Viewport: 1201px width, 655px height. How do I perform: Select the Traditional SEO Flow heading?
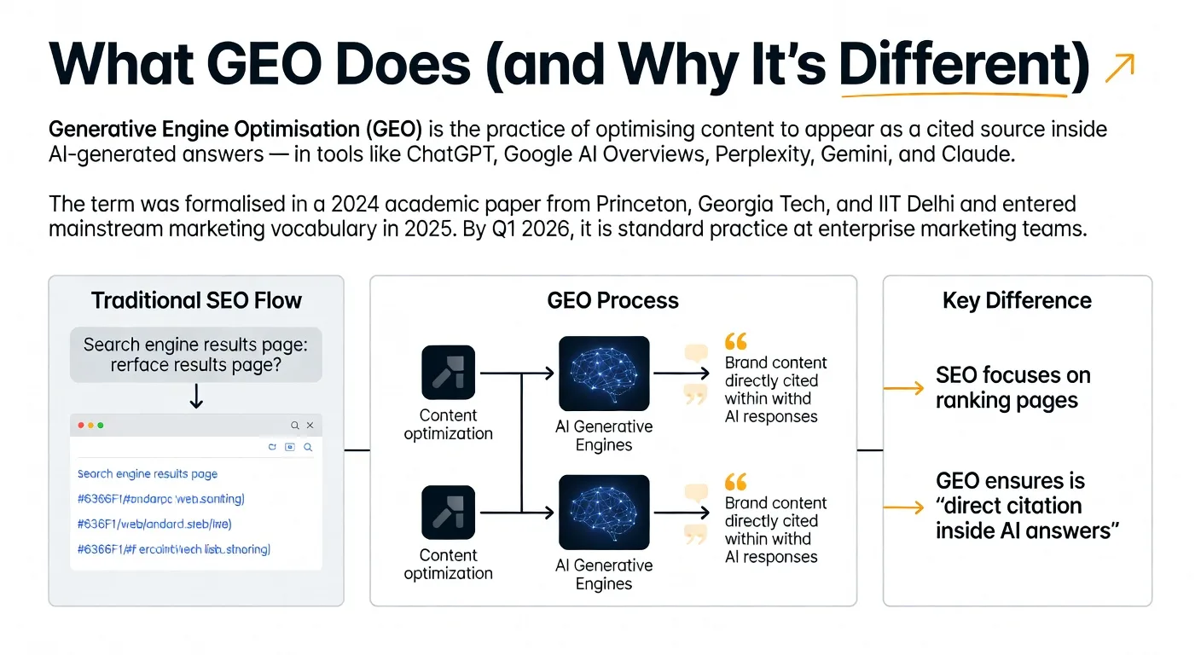(x=196, y=301)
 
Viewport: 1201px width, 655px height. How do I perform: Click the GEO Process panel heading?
(x=612, y=301)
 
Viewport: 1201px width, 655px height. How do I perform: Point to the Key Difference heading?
(x=1017, y=301)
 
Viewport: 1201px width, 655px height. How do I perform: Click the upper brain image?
(x=604, y=374)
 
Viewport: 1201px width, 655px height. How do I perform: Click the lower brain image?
(x=604, y=513)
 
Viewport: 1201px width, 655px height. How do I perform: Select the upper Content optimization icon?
(x=448, y=373)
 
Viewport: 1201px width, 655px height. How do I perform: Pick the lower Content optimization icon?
(x=448, y=513)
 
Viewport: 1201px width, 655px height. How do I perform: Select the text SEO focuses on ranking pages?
(x=1012, y=388)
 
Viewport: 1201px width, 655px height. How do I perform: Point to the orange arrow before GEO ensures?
(x=903, y=507)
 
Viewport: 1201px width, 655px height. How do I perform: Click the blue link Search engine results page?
(x=148, y=474)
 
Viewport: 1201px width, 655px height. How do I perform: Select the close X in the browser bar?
(x=310, y=425)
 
